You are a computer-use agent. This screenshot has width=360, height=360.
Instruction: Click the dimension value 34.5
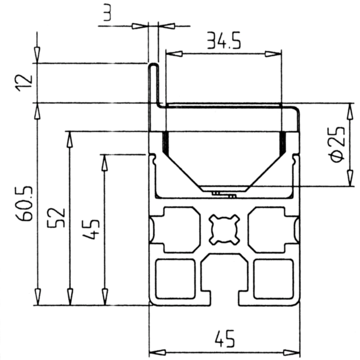(x=224, y=41)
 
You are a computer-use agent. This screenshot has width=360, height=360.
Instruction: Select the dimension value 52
(x=56, y=218)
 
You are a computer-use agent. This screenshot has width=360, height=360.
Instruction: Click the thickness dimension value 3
(x=107, y=12)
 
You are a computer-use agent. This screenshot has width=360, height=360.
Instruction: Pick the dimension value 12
(x=24, y=83)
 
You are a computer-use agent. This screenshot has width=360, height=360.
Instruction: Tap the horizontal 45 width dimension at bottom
(x=225, y=339)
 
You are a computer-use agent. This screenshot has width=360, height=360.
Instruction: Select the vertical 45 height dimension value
(x=91, y=230)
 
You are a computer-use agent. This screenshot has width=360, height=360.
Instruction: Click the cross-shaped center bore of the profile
(x=224, y=230)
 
